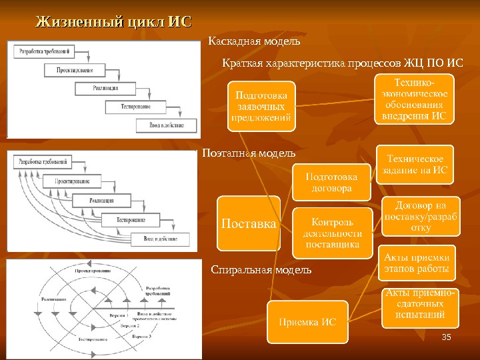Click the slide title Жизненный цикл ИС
coord(113,22)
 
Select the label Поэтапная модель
coord(248,153)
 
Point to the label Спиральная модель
coord(261,270)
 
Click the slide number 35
coord(447,341)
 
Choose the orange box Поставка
coord(249,224)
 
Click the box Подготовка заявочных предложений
coord(262,105)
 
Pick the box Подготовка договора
coord(331,182)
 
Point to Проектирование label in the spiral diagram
coord(93,271)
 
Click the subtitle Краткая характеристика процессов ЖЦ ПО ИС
coord(341,63)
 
